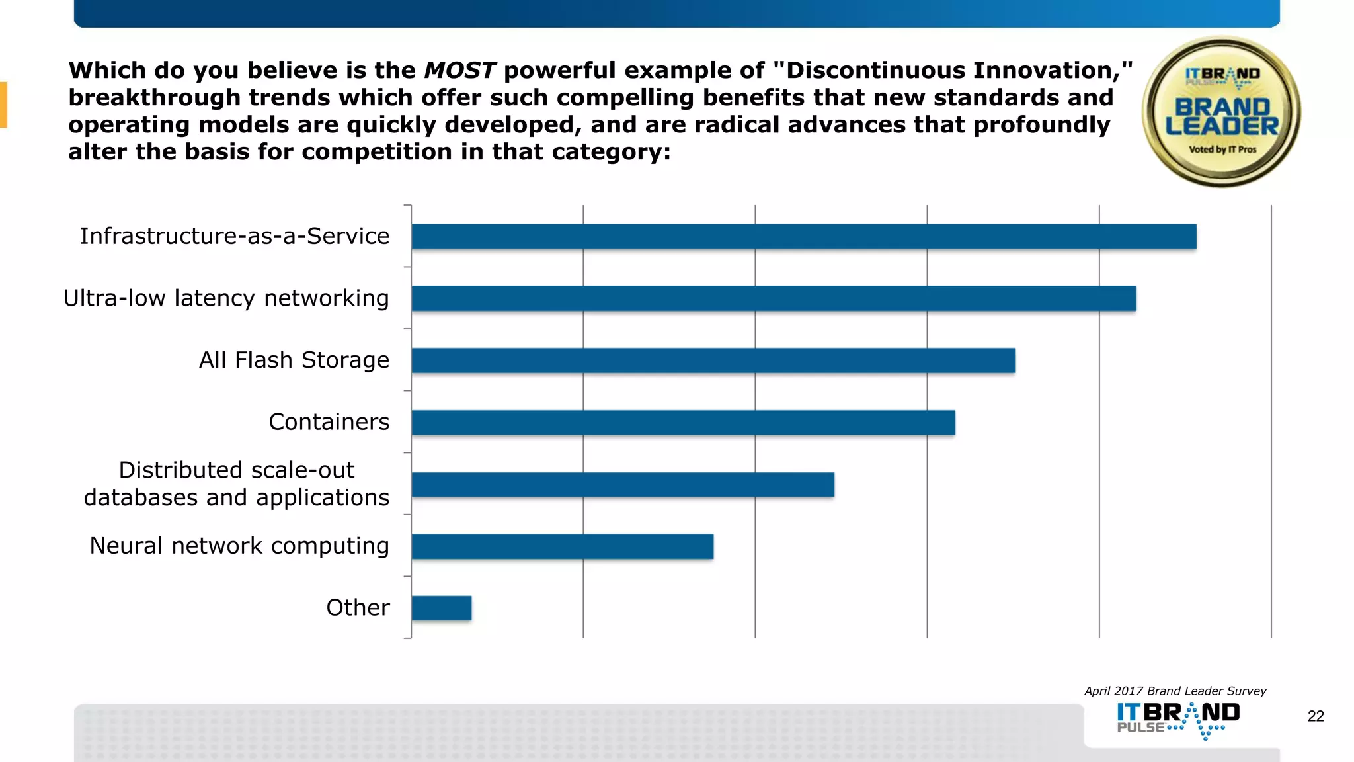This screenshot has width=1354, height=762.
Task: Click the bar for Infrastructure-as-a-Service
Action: click(x=803, y=236)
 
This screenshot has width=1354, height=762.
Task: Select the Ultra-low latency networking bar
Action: click(x=774, y=298)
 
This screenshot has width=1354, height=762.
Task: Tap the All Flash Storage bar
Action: click(x=713, y=360)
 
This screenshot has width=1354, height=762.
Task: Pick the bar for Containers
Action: click(x=683, y=423)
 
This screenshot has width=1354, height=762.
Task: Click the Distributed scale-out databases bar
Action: click(x=622, y=485)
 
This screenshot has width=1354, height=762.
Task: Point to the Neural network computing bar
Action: click(x=562, y=547)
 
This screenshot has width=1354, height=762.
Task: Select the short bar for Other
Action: click(x=441, y=609)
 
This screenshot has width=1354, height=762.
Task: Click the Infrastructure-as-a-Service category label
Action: click(x=235, y=236)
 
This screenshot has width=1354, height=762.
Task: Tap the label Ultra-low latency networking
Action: click(x=226, y=298)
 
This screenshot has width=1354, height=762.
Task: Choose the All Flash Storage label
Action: click(x=294, y=360)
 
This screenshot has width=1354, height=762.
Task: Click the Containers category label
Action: click(x=329, y=422)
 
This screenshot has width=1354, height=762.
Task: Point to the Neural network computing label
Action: click(x=239, y=546)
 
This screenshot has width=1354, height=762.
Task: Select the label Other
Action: click(x=358, y=608)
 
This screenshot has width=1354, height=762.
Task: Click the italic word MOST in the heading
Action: click(x=459, y=70)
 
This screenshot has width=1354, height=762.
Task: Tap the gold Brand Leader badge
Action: click(x=1221, y=112)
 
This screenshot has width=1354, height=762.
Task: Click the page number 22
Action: click(x=1316, y=716)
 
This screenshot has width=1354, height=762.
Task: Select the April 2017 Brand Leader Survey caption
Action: click(x=1175, y=691)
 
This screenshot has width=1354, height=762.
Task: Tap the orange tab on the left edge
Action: click(x=3, y=105)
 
